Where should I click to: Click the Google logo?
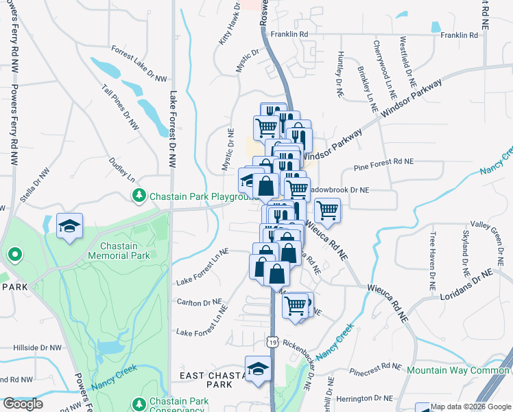(x=23, y=404)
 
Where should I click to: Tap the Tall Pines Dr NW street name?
(x=120, y=108)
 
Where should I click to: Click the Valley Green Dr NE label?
(x=490, y=225)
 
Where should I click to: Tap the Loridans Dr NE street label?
(x=468, y=283)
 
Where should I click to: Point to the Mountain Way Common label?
(x=458, y=370)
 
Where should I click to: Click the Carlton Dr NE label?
(x=199, y=301)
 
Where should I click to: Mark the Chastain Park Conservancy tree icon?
(x=139, y=402)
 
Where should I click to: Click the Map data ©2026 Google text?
(x=470, y=407)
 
